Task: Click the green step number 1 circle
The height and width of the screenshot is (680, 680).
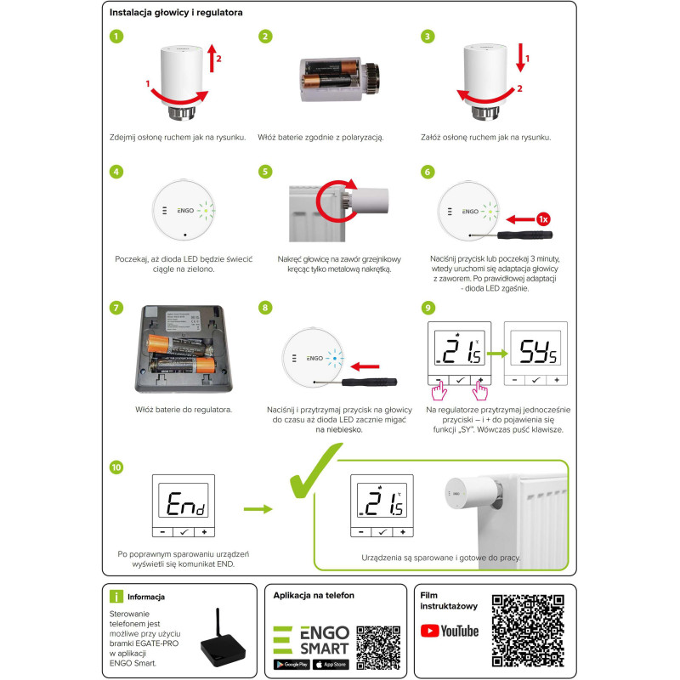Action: pos(116,37)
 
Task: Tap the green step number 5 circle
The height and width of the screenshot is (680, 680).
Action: pos(265,171)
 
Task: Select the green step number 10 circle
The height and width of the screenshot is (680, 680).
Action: pos(116,467)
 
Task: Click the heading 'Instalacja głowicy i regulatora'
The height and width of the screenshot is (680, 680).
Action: pos(176,14)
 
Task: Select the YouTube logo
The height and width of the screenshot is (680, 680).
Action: pos(450,630)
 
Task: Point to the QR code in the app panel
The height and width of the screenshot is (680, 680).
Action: pos(378,647)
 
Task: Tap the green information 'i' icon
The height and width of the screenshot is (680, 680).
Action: pos(116,596)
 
